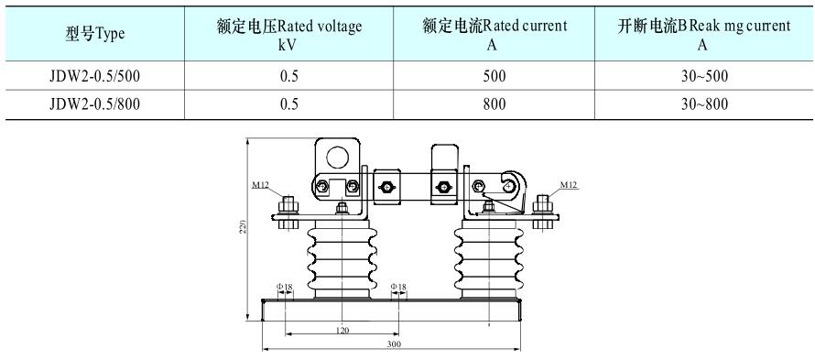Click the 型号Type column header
pos(95,34)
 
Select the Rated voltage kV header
pos(289,34)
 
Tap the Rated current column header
pos(494,34)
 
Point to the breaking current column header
pos(704,34)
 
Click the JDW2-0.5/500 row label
pos(95,76)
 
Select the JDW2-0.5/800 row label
pos(95,104)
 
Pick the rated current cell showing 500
pos(494,76)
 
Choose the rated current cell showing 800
pos(494,104)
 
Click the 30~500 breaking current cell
pos(705,76)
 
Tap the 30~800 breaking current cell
pos(705,104)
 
